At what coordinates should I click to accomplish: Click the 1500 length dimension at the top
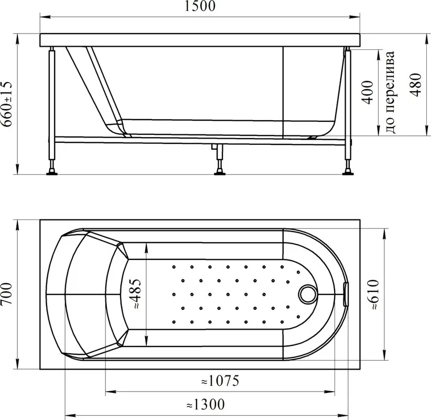pyautogui.click(x=200, y=6)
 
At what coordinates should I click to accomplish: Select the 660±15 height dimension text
pyautogui.click(x=7, y=104)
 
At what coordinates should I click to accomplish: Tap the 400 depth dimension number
pyautogui.click(x=368, y=92)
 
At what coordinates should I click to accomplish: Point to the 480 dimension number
pyautogui.click(x=415, y=85)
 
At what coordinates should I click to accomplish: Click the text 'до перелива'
pyautogui.click(x=390, y=92)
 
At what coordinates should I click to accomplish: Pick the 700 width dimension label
pyautogui.click(x=7, y=294)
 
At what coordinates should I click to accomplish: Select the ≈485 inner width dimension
pyautogui.click(x=135, y=293)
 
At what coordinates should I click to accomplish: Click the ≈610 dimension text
pyautogui.click(x=374, y=295)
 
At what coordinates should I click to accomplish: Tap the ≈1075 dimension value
pyautogui.click(x=220, y=381)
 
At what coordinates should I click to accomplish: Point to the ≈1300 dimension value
pyautogui.click(x=206, y=405)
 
